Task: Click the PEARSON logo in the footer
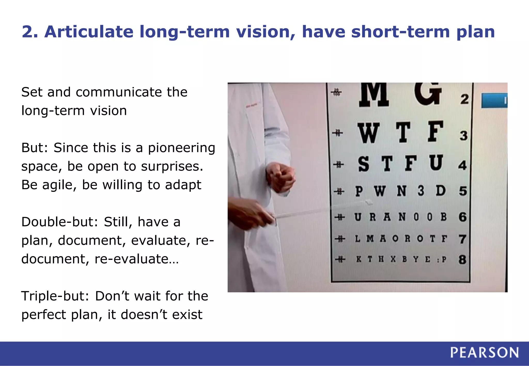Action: tap(484, 353)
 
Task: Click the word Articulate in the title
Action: tap(89, 32)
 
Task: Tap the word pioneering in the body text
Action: tap(181, 148)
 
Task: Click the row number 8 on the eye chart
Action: tap(462, 259)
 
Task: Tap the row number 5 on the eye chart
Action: tap(463, 191)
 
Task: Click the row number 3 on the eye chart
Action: tap(464, 136)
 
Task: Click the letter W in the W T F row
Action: tap(368, 133)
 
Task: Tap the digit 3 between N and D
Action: tap(421, 191)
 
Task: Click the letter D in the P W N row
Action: tap(440, 191)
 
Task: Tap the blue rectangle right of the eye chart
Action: tap(494, 101)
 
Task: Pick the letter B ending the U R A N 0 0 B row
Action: tap(444, 217)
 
